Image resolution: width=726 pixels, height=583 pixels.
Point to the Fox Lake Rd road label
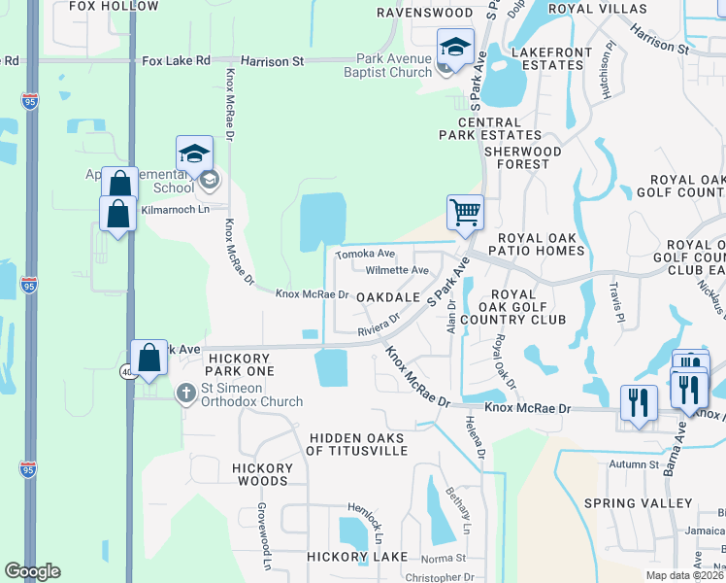[x=176, y=60]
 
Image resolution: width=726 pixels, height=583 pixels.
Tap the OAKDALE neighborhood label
[x=387, y=296]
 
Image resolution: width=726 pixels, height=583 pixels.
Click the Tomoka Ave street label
[x=359, y=255]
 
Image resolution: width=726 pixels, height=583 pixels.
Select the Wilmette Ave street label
[x=397, y=271]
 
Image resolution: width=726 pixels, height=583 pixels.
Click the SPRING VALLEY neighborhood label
[x=639, y=503]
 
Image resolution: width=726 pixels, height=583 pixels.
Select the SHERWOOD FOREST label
[x=523, y=157]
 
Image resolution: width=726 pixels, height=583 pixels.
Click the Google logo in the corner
[x=32, y=570]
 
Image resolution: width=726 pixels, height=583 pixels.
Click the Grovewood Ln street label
[x=263, y=537]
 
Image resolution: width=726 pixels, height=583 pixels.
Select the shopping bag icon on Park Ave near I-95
[x=150, y=358]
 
